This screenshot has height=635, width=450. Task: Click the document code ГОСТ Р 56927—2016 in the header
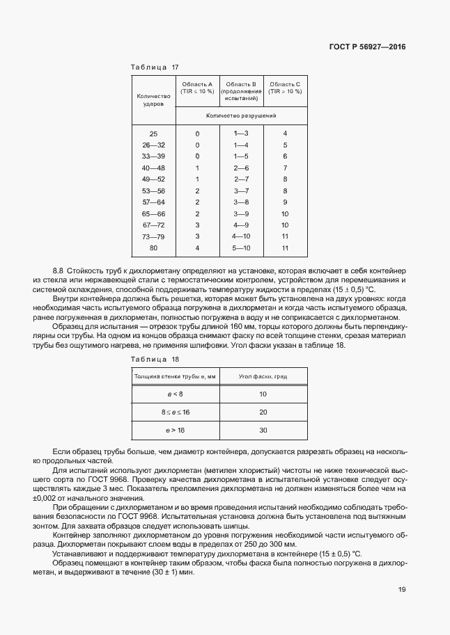(366, 47)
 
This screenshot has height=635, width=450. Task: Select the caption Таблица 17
(155, 67)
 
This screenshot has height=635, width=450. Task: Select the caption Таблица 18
(155, 359)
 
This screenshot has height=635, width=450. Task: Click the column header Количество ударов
(153, 100)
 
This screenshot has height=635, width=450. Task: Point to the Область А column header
(197, 88)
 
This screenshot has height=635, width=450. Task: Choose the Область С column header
(285, 88)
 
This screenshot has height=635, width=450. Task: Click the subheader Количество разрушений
(241, 115)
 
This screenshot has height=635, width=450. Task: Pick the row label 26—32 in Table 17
(153, 145)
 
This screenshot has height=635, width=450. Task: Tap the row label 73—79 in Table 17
(153, 236)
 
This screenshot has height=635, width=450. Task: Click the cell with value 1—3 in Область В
(241, 133)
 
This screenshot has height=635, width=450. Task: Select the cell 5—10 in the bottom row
(241, 248)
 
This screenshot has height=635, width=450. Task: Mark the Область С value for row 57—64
(285, 202)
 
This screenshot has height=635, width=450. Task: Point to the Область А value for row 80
(197, 248)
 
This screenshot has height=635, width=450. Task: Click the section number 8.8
(59, 269)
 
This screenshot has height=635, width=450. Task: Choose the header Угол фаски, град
(263, 376)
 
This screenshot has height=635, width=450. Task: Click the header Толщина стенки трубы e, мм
(175, 376)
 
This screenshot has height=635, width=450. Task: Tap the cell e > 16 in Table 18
(175, 431)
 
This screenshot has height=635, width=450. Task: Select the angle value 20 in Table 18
(263, 412)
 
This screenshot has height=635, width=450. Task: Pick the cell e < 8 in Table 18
(175, 394)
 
